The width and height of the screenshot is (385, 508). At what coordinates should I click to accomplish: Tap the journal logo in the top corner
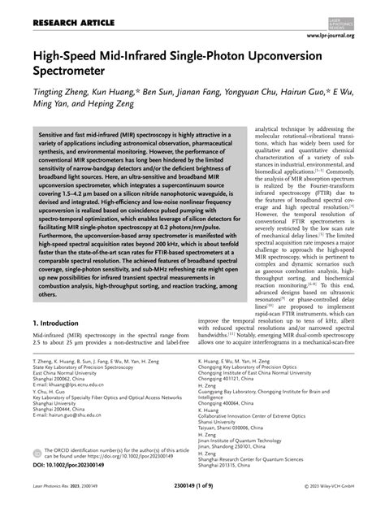(355, 16)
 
